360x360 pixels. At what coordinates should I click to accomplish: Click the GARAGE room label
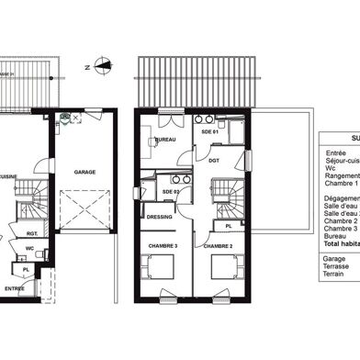(84, 172)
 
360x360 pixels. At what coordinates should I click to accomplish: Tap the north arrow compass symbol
(103, 65)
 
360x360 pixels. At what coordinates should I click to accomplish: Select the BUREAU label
(165, 140)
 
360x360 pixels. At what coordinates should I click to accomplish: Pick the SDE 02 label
(172, 191)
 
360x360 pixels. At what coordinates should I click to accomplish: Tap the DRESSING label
(160, 217)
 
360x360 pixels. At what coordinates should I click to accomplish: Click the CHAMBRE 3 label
(163, 246)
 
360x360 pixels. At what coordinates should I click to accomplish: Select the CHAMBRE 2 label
(216, 246)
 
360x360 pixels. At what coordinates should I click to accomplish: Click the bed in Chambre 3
(162, 269)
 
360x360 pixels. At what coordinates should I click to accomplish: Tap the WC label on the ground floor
(30, 248)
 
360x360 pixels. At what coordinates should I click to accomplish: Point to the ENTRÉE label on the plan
(15, 288)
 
